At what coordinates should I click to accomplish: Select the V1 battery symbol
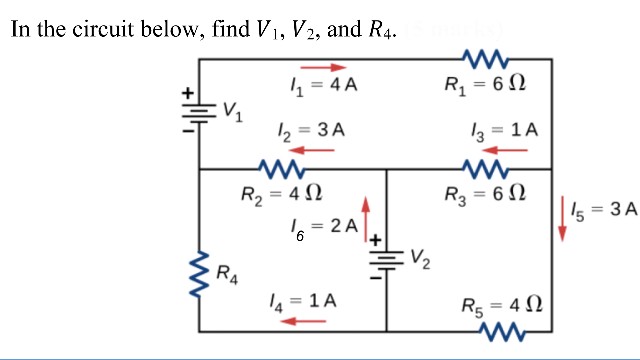[x=197, y=112]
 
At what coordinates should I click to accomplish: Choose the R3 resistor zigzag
[x=488, y=168]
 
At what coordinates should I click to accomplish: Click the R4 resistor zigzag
[x=198, y=272]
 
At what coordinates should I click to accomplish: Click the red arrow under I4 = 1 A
[x=303, y=320]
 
